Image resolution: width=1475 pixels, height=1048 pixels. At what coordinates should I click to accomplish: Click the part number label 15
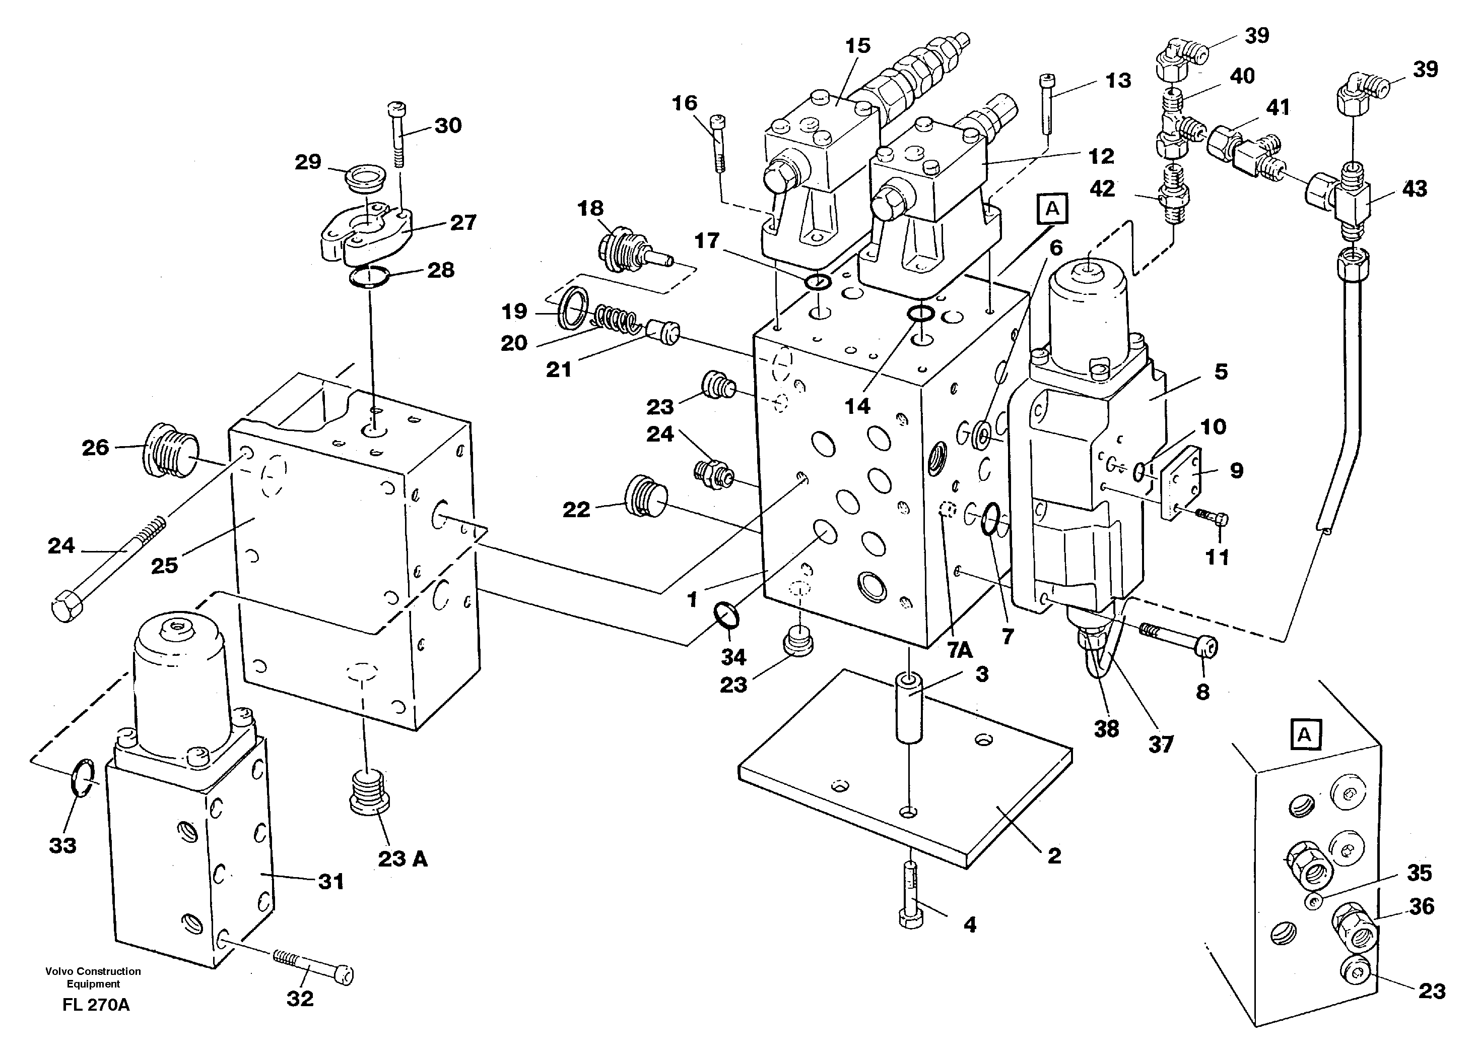coord(858,46)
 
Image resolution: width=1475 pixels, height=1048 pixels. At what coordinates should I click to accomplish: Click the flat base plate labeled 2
coord(903,787)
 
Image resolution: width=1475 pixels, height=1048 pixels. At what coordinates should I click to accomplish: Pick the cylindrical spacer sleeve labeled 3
coord(909,707)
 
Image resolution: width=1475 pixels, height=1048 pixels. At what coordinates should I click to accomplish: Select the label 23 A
coord(403,859)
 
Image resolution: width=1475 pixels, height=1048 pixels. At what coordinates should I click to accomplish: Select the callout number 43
coord(1415,189)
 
